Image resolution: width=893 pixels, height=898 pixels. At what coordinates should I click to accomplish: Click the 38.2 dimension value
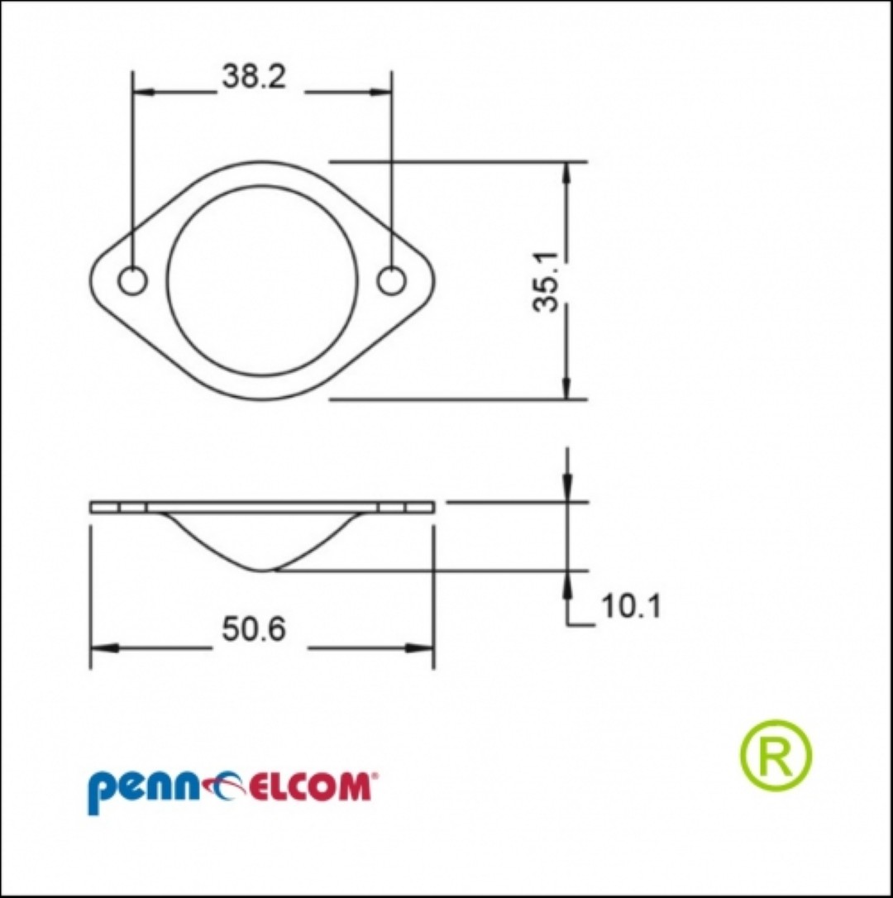(254, 77)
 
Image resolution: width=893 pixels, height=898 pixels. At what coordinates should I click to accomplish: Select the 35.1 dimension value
(546, 281)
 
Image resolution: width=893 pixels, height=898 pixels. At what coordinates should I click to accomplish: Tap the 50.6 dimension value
(254, 630)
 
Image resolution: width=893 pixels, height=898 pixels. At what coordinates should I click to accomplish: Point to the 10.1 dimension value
(631, 606)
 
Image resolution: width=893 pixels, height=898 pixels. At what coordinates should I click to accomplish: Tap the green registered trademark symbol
(776, 755)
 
